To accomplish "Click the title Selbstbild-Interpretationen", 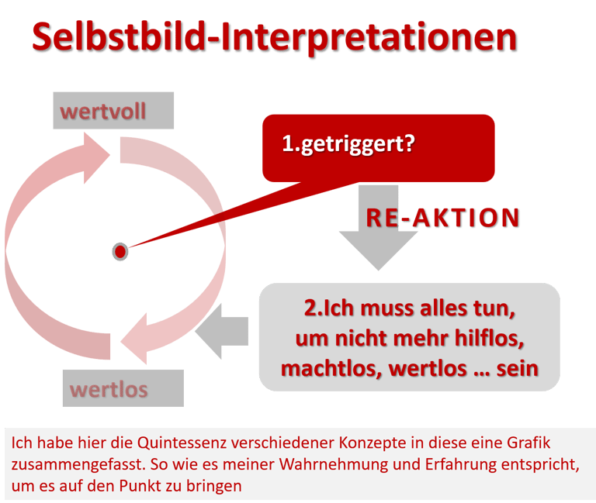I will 275,38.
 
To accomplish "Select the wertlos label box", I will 125,388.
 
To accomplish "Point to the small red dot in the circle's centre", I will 120,251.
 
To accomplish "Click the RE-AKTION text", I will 443,218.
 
